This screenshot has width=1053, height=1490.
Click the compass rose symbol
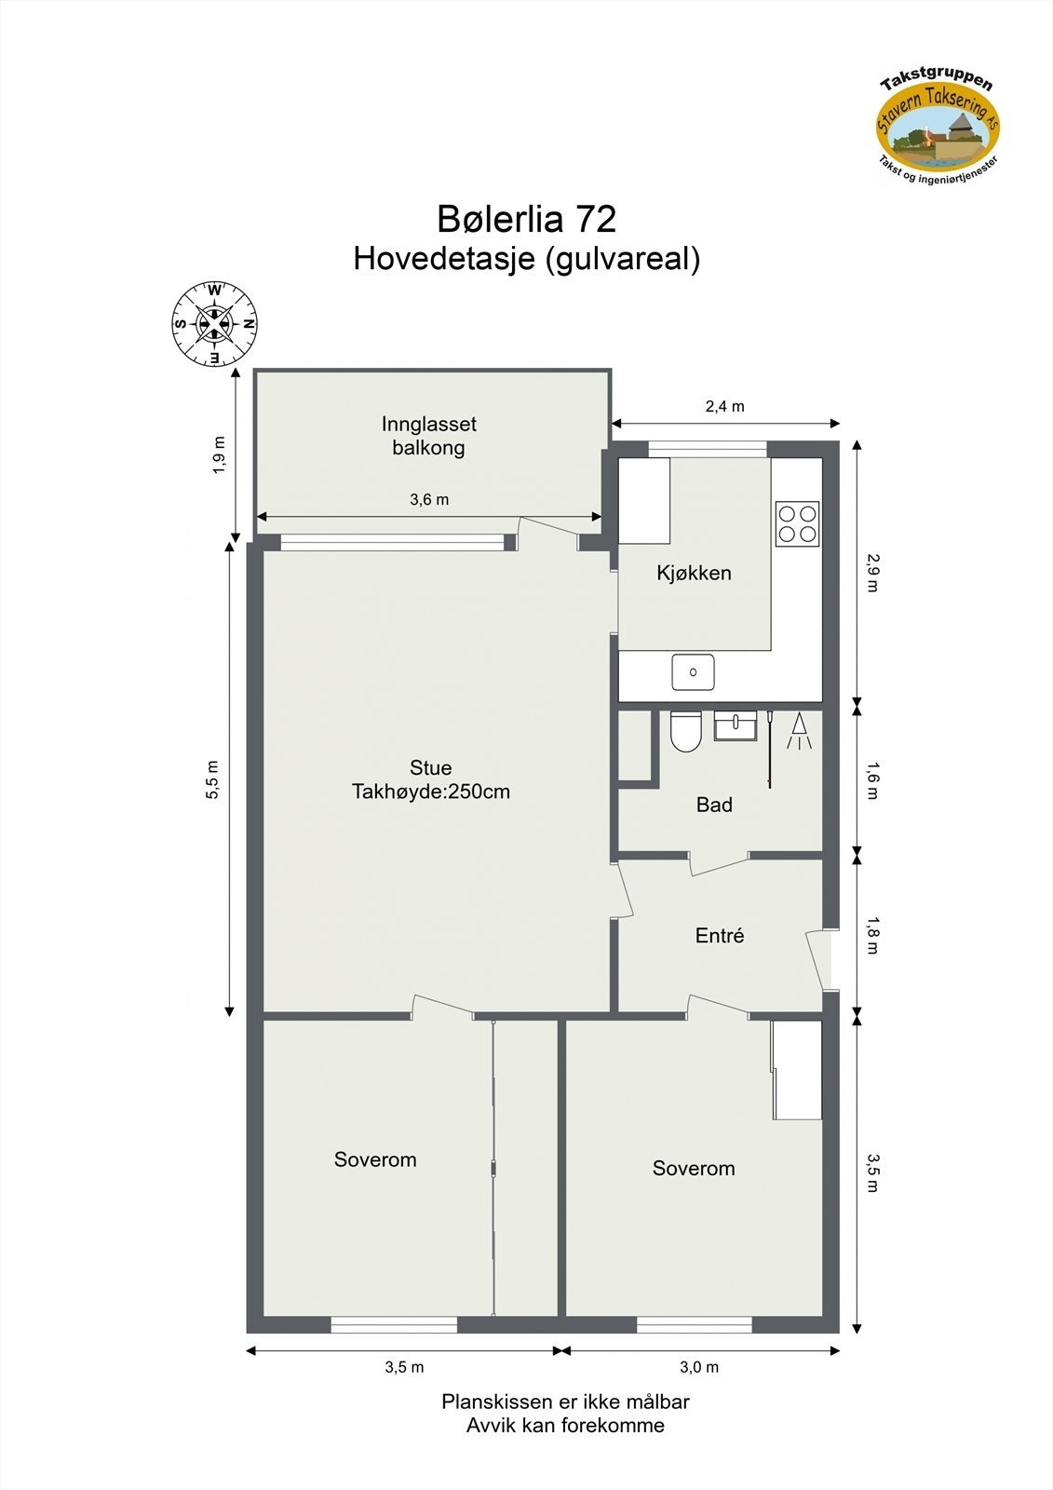214,323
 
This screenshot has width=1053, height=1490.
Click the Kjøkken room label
694,573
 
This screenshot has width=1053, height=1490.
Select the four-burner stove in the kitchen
798,523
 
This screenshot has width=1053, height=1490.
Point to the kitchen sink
694,671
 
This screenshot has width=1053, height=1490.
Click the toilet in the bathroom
686,731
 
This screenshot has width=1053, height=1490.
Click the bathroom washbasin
736,725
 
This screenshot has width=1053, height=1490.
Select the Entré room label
720,935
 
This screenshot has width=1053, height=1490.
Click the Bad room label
714,805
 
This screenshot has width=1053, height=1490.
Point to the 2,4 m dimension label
724,406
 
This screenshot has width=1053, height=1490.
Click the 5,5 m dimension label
213,779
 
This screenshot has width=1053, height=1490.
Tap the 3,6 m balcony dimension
429,499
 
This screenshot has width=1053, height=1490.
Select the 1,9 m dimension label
219,455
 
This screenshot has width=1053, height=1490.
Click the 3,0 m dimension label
699,1367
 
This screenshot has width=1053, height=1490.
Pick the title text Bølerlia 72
526,219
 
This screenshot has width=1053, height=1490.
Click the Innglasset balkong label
428,435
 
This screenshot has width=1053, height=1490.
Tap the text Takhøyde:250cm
430,792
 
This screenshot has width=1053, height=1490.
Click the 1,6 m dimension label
871,780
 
